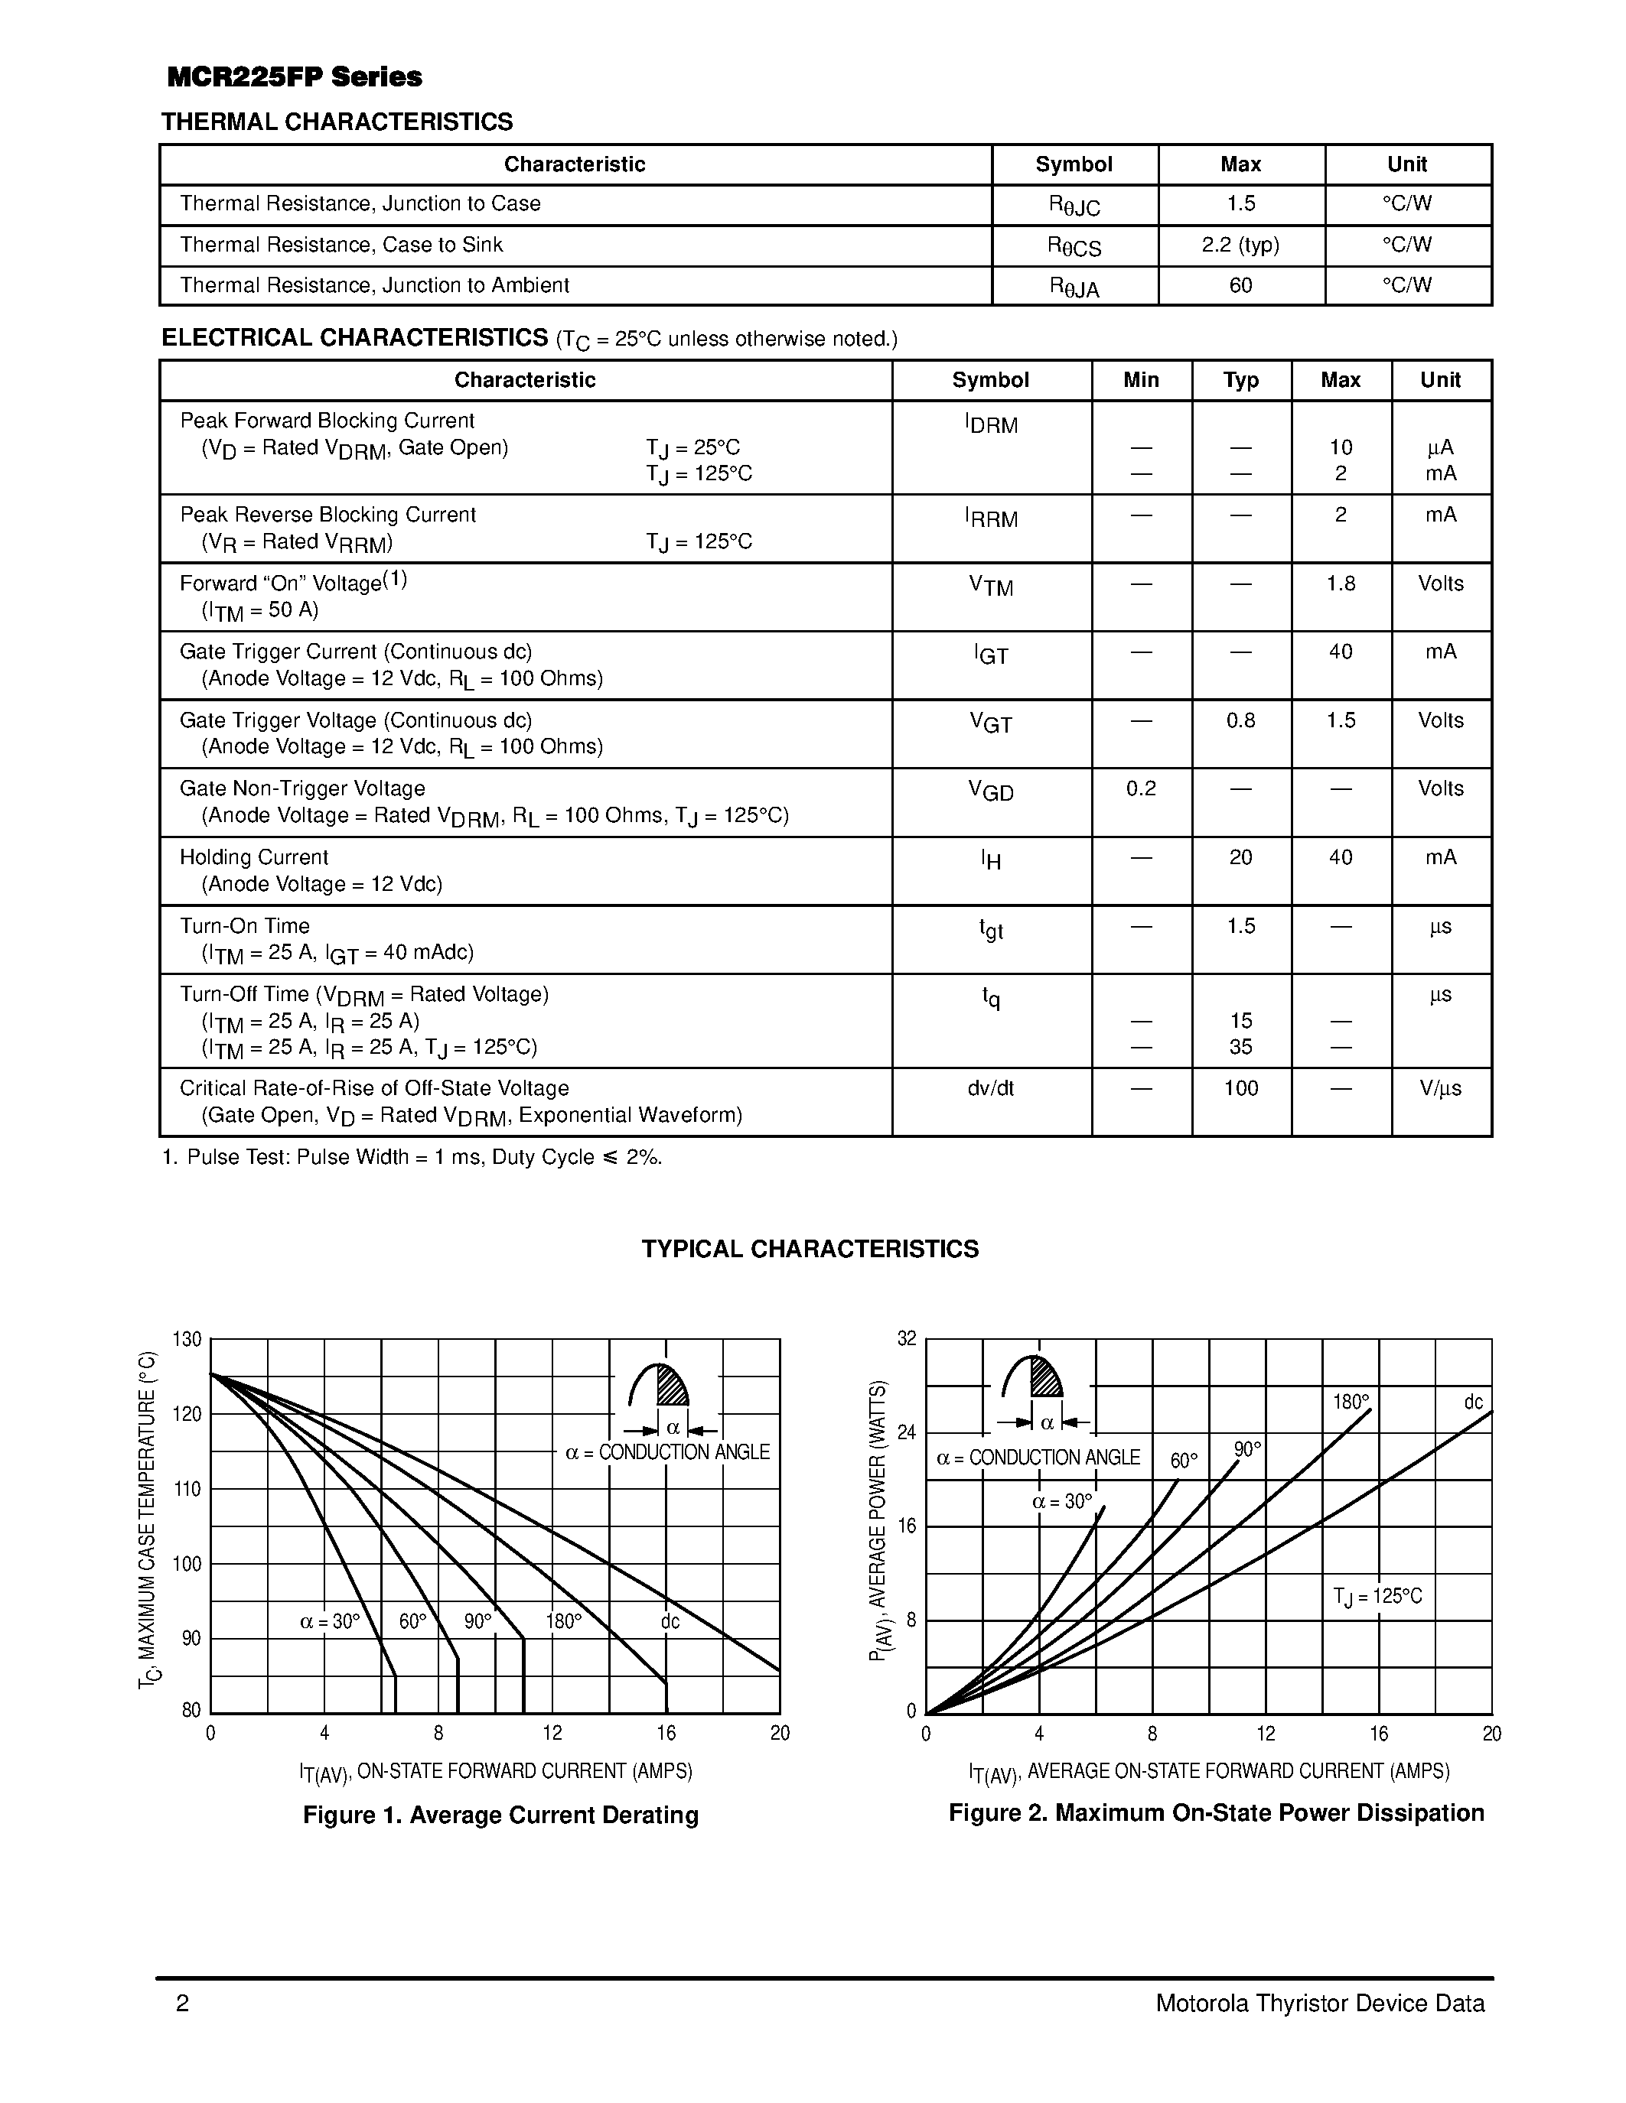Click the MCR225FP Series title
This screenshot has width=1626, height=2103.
295,77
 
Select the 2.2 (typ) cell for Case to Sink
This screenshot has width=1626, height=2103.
1240,245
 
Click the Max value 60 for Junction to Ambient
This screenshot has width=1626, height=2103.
1240,286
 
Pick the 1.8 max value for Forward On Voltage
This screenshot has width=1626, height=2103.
1340,583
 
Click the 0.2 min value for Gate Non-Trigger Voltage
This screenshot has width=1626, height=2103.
1141,788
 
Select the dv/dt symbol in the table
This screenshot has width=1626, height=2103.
990,1088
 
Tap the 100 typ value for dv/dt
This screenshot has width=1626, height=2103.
1240,1088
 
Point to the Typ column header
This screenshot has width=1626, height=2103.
1240,380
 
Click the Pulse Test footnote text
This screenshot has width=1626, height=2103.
412,1158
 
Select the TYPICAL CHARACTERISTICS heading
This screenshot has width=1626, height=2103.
810,1249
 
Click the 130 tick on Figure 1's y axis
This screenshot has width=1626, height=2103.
187,1339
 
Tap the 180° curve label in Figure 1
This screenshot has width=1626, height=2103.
563,1621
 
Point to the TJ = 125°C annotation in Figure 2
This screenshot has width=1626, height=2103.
1377,1597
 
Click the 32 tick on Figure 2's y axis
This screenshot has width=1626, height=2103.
907,1338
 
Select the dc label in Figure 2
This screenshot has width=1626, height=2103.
1473,1402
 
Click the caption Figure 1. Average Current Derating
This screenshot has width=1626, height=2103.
500,1815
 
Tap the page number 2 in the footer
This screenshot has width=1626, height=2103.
182,2004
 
